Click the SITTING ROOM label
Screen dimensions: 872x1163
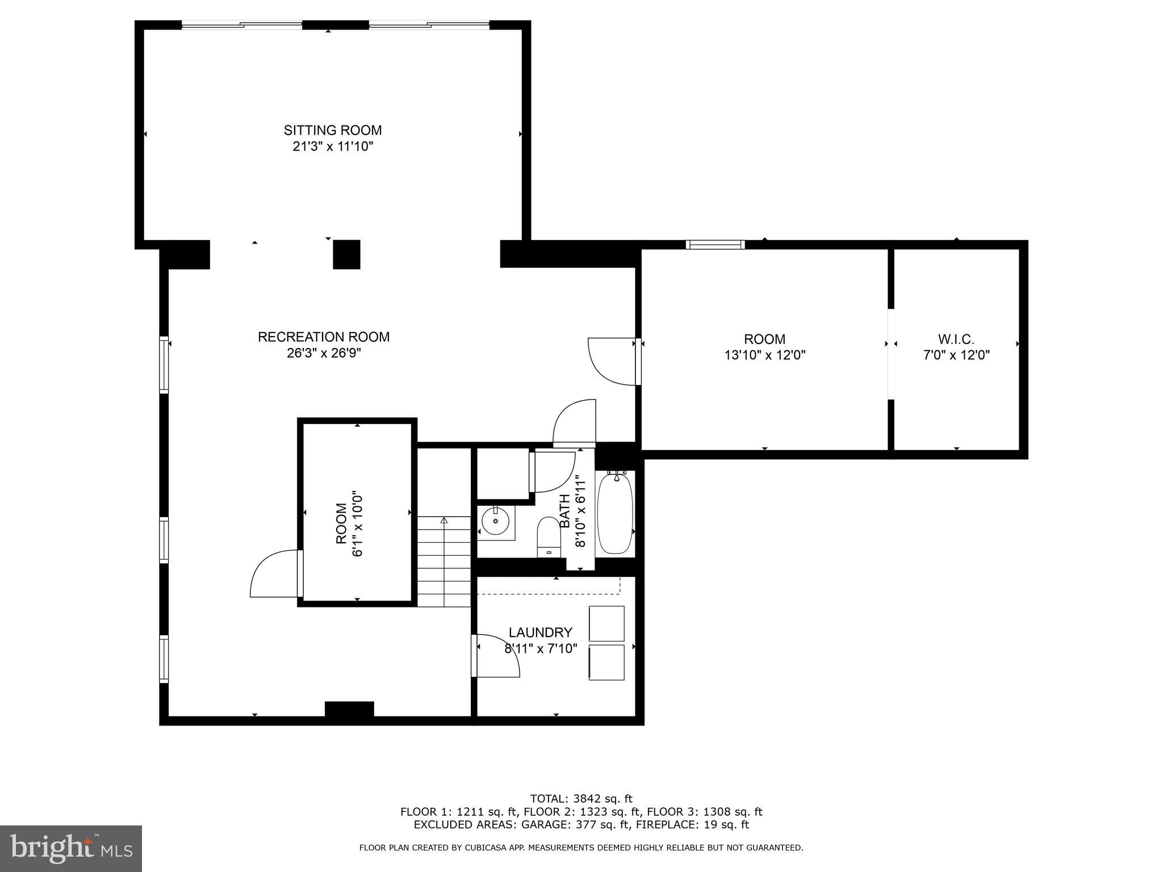point(333,130)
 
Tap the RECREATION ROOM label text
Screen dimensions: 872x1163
point(324,337)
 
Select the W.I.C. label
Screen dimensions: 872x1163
point(956,339)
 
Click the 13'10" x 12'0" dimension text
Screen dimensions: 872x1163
point(764,355)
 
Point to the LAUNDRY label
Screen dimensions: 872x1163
point(540,632)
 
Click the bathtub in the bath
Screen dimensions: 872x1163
point(616,514)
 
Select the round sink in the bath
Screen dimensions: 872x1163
point(496,521)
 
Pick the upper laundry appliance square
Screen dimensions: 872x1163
point(606,623)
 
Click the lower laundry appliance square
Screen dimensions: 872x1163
point(606,662)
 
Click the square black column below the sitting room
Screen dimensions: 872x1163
point(346,254)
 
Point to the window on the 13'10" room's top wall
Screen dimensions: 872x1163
point(715,245)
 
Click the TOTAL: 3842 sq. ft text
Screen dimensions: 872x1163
point(581,799)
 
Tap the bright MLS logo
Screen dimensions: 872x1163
point(71,848)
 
